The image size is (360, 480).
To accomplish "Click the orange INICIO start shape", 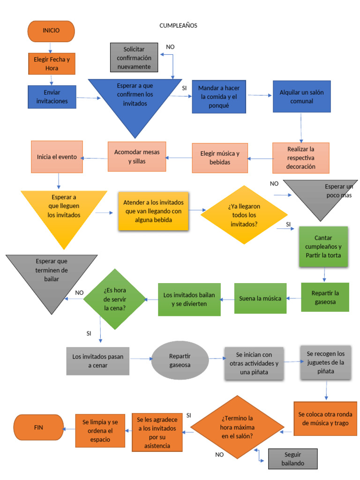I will [x=51, y=31].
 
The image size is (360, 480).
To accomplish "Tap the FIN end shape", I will [x=38, y=427].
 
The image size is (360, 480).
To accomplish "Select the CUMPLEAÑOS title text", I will [x=178, y=26].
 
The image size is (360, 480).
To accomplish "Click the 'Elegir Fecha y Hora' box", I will [x=52, y=64].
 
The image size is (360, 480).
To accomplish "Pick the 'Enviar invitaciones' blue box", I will [x=52, y=97].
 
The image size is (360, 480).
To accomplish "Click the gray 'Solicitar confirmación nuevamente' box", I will [x=134, y=58].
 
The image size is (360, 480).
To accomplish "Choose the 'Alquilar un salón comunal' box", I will [x=301, y=96].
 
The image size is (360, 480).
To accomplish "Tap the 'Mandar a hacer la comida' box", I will [x=219, y=97].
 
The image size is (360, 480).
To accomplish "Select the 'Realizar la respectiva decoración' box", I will [x=301, y=158].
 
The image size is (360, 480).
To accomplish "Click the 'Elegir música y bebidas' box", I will [x=219, y=158].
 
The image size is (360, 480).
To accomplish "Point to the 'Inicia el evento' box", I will [x=57, y=157].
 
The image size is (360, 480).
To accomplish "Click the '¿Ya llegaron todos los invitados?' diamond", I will [x=244, y=215].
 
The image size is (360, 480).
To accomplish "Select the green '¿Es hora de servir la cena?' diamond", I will [x=114, y=299].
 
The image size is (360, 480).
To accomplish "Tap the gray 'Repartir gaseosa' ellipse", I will [x=180, y=360].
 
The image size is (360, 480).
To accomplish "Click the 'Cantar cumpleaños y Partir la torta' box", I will [x=323, y=247].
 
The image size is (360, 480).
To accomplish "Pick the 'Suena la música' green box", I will [x=260, y=299].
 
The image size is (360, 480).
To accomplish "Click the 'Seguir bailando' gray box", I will [x=292, y=459].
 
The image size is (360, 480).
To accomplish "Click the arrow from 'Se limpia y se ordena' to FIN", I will [x=69, y=428].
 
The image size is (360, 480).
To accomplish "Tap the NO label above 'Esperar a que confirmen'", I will [x=170, y=47].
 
